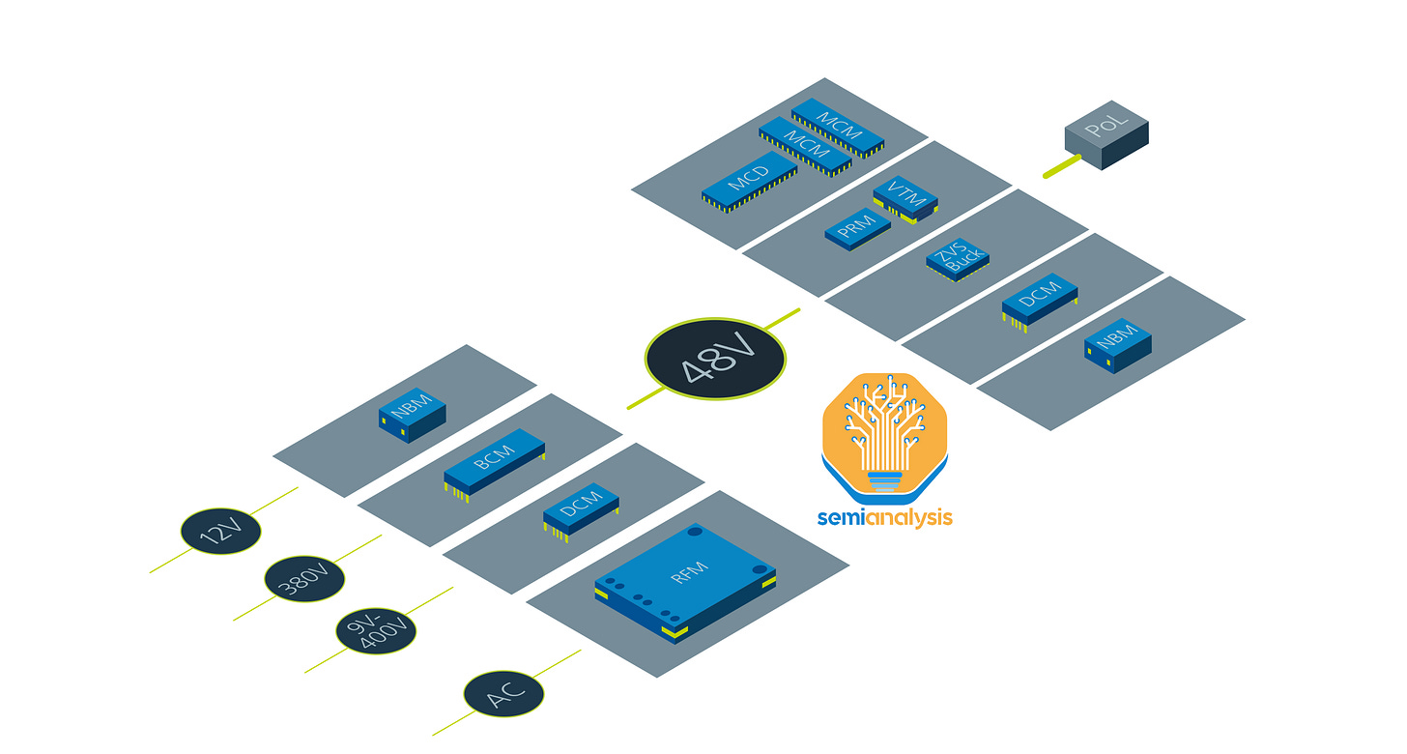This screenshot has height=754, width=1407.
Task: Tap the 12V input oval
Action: [x=220, y=531]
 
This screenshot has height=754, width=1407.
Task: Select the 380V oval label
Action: [x=304, y=579]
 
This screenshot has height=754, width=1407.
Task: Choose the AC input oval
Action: [x=503, y=695]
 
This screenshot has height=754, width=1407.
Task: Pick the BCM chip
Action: [x=495, y=463]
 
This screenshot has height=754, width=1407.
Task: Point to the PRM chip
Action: [x=857, y=227]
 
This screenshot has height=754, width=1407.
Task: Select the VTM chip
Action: [x=904, y=197]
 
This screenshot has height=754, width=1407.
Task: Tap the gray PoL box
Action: [x=1106, y=140]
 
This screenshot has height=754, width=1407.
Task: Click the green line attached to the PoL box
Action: [x=1061, y=167]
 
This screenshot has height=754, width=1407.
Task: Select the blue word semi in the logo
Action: [x=840, y=518]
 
